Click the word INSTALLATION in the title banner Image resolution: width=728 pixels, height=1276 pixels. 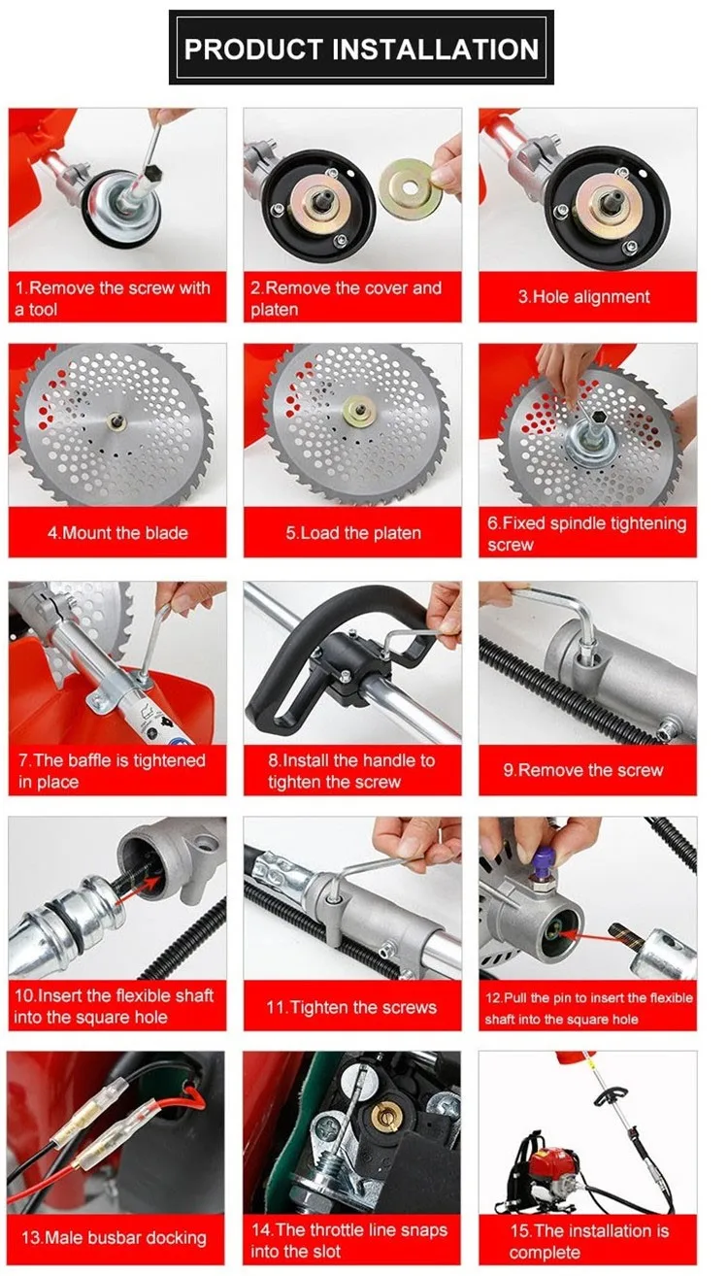pos(435,49)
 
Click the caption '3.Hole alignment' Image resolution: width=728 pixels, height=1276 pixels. pos(583,297)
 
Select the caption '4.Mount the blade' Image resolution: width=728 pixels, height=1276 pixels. pos(117,533)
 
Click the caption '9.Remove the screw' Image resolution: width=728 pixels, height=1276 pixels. pos(583,770)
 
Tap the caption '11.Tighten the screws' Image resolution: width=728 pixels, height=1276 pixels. pos(351,1007)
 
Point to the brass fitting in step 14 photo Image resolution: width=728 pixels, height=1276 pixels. pos(386,1117)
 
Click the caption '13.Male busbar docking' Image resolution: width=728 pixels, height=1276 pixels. pos(114,1238)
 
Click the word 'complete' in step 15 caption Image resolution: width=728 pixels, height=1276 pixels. pos(545,1252)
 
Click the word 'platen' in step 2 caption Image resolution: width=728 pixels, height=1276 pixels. pos(275,310)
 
